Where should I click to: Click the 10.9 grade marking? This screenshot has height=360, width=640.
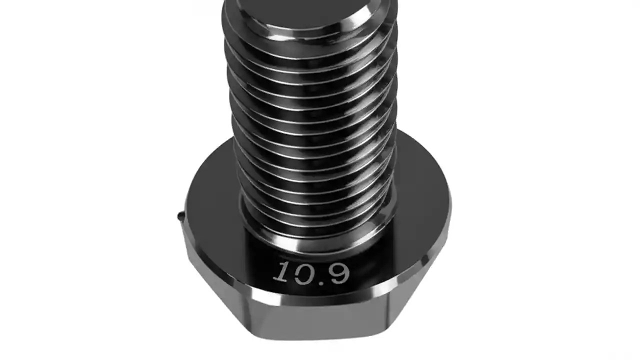[x=311, y=272]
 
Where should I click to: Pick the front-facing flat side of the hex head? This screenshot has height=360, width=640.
[x=320, y=320]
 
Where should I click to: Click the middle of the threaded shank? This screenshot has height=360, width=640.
[x=312, y=125]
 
